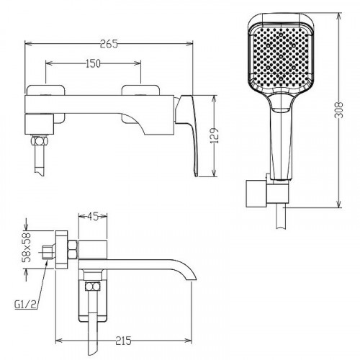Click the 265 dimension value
coord(109,44)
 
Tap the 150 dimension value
coord(93,63)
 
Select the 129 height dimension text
coord(215,136)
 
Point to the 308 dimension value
coord(339,109)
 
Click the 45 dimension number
coord(92,217)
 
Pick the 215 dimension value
coord(123,341)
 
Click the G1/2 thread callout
coord(25,305)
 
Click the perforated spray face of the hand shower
coord(281,56)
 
